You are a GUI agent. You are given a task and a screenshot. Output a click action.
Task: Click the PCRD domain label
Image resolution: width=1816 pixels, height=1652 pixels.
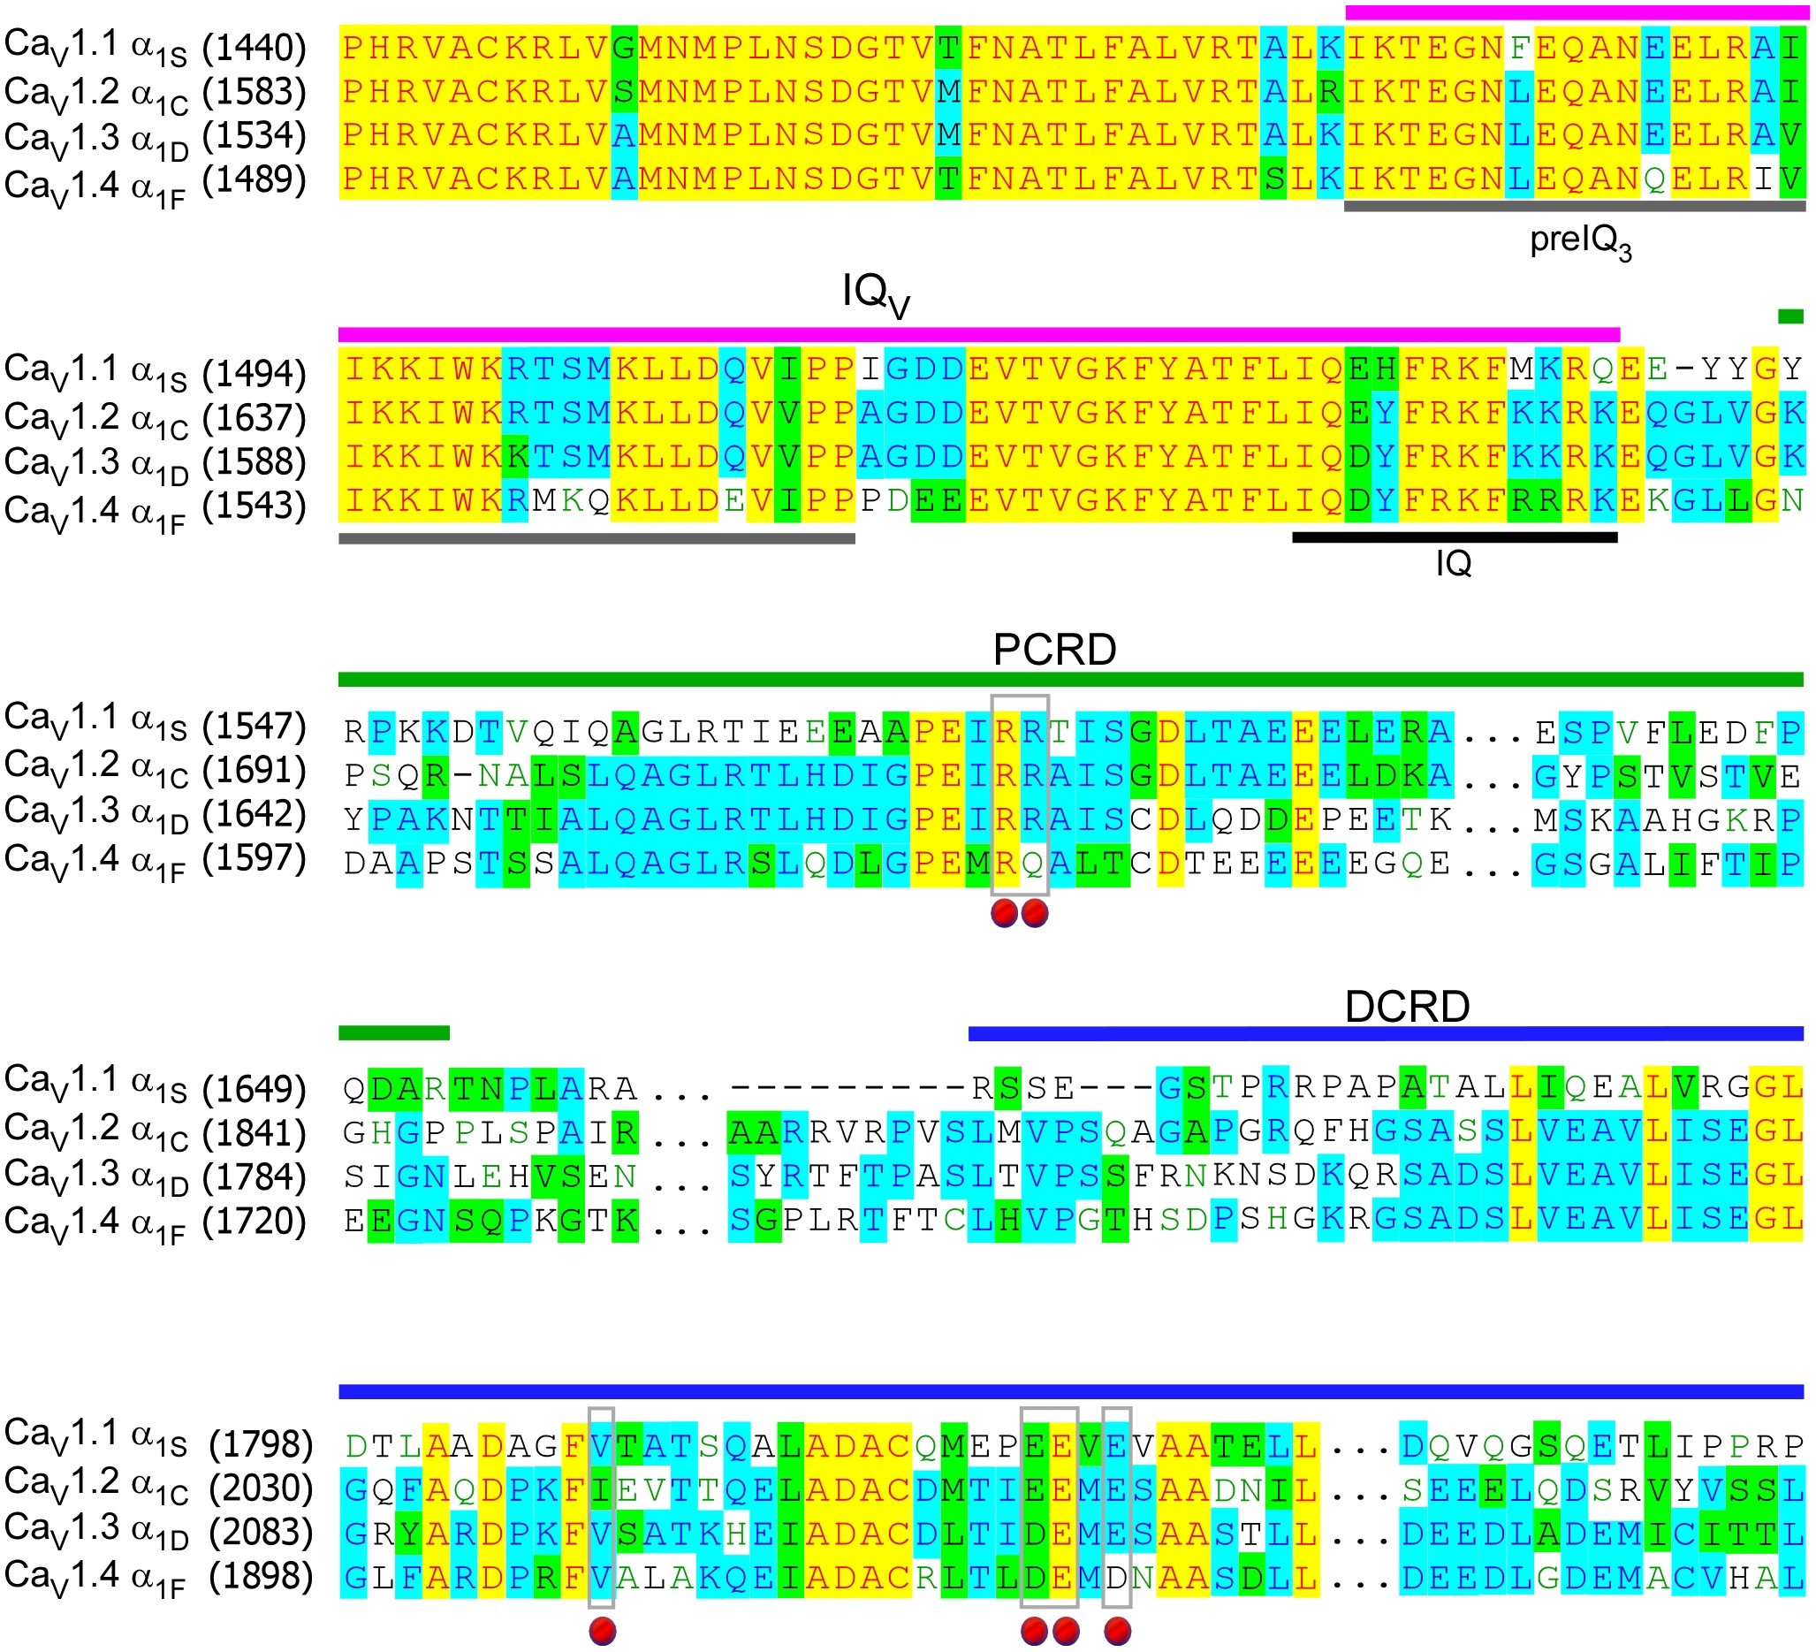[1054, 650]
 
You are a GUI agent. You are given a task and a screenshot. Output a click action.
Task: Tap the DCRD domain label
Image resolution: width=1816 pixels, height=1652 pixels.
[1406, 1006]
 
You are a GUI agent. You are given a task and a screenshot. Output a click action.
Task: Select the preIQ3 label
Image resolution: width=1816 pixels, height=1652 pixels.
[1580, 241]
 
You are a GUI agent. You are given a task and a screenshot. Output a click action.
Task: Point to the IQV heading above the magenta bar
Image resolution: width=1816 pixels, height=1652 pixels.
[875, 293]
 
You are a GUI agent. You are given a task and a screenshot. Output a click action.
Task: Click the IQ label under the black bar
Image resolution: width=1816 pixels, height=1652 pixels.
[1453, 564]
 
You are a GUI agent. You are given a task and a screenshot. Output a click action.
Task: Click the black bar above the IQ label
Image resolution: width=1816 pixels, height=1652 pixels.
[1454, 537]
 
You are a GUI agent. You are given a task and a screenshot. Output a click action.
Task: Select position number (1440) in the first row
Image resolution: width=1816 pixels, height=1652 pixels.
[254, 47]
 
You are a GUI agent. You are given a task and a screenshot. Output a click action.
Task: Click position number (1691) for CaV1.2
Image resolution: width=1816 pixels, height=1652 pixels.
[254, 770]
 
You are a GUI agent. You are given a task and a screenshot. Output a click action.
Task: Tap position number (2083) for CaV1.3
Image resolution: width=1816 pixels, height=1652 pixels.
[261, 1532]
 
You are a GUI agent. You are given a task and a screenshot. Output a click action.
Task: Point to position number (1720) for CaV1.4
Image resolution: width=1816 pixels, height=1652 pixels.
[254, 1222]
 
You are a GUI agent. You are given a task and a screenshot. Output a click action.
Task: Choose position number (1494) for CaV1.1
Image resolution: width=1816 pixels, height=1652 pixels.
[254, 371]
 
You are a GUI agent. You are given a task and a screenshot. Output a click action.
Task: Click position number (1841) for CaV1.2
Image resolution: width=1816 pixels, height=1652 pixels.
[254, 1132]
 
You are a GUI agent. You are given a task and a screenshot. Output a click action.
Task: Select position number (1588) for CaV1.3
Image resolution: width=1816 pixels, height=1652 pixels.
[254, 461]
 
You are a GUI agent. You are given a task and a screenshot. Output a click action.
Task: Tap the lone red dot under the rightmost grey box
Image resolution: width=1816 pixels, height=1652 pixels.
[1117, 1630]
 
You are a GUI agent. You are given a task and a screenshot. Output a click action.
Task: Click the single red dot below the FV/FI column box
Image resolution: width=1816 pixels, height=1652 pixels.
[602, 1630]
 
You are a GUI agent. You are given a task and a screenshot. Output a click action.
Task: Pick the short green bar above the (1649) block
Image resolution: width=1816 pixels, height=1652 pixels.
[393, 1032]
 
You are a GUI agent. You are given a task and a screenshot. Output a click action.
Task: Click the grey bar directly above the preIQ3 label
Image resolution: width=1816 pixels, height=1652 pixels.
[1574, 206]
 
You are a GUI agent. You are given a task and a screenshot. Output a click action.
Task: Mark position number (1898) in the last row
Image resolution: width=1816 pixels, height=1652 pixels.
[261, 1576]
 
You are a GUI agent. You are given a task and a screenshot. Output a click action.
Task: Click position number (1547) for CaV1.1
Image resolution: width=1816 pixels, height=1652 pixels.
[254, 726]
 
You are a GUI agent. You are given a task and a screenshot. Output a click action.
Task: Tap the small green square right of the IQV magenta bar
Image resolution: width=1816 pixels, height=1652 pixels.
[1789, 316]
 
